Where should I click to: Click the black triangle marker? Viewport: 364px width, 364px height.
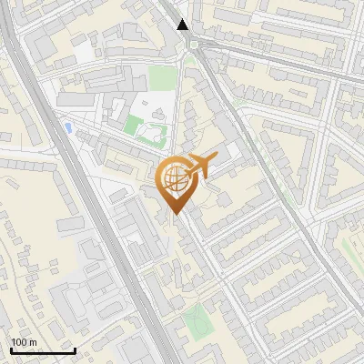(x=183, y=25)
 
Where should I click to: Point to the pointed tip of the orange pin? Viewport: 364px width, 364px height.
(x=174, y=215)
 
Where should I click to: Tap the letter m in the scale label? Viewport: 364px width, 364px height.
(x=33, y=342)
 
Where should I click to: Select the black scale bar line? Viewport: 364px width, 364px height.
(x=42, y=350)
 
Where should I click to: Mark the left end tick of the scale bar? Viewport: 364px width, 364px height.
(x=10, y=349)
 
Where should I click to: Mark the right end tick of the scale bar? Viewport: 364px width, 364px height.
(x=75, y=349)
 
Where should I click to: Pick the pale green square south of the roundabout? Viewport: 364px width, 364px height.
(x=161, y=78)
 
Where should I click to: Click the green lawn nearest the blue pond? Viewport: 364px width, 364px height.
(x=135, y=125)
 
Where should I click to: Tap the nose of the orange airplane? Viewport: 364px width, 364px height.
(x=216, y=157)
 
